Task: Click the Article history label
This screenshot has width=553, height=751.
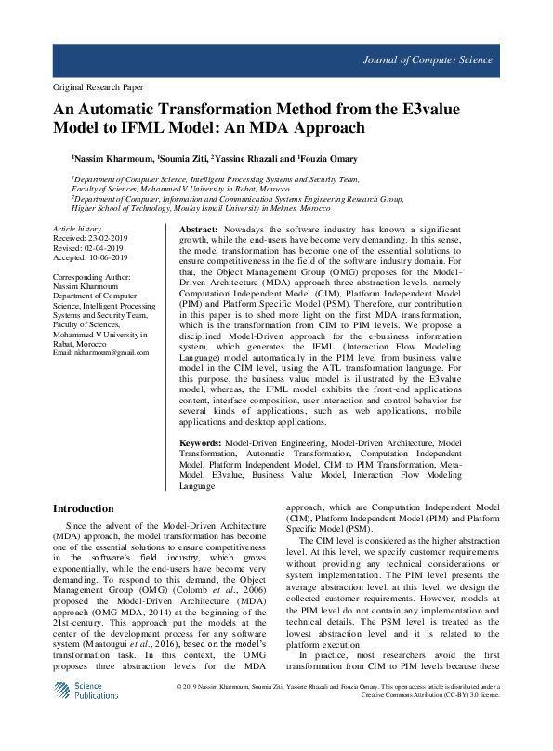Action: click(x=77, y=229)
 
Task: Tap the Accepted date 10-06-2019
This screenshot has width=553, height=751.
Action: click(x=104, y=257)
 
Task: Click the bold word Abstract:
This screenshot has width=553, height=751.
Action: click(x=198, y=229)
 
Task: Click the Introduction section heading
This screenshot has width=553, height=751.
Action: click(x=84, y=508)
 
